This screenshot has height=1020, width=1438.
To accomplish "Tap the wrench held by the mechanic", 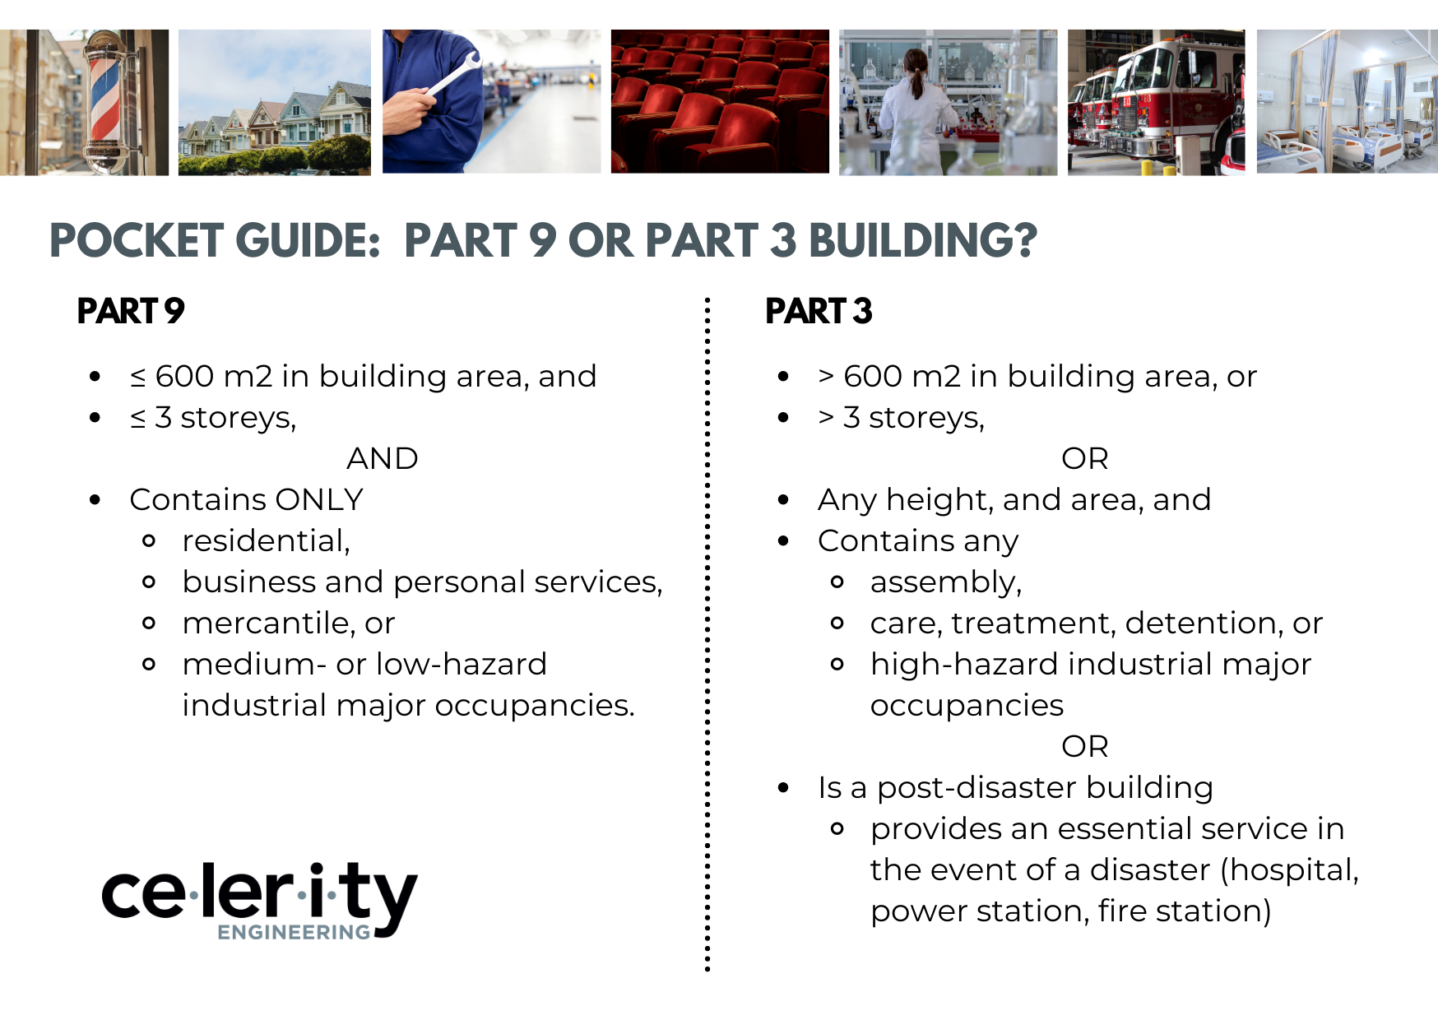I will tap(451, 77).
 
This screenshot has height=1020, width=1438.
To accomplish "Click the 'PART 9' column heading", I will tap(130, 311).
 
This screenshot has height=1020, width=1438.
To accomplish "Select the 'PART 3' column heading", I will tap(818, 311).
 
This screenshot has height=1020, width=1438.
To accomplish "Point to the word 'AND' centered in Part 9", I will tap(382, 458).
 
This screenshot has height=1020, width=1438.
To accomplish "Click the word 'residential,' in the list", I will tap(266, 540).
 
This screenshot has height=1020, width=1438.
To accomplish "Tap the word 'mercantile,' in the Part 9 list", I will tap(268, 623).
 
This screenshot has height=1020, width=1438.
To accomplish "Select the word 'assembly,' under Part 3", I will tap(945, 582).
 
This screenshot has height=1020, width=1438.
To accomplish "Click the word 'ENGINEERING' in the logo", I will tap(294, 932).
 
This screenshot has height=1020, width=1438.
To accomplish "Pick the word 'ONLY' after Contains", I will tap(319, 499).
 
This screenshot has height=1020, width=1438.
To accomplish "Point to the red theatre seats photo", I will tap(719, 102).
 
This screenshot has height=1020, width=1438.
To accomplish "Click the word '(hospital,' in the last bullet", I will tap(1289, 870).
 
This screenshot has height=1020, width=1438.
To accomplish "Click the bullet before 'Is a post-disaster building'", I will tap(783, 788).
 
